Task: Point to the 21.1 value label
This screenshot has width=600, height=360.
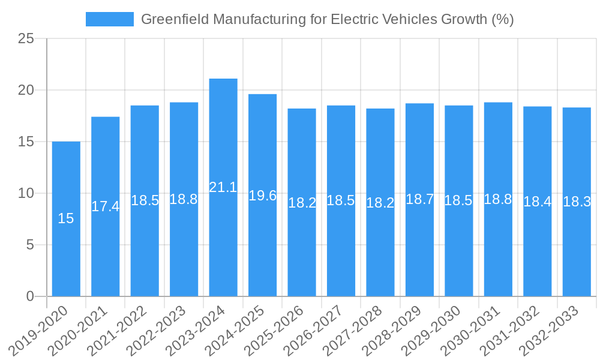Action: tap(223, 187)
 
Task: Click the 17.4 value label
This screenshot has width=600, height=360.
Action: tap(106, 206)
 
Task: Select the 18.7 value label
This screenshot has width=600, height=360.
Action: tap(419, 200)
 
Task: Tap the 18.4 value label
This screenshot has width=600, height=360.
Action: tap(537, 202)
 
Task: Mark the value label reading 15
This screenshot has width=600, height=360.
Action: tap(66, 219)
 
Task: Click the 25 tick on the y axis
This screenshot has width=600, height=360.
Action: tap(26, 39)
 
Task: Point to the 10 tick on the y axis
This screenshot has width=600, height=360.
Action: tap(26, 193)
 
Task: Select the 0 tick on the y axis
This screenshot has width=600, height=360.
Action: tap(31, 296)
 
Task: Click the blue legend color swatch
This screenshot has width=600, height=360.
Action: tap(110, 19)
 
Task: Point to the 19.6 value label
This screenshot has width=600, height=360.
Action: tap(262, 195)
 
